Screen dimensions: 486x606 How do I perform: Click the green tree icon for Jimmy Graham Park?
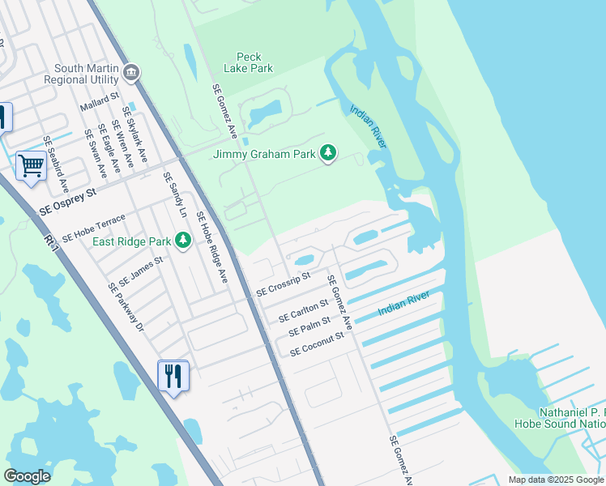point(328,153)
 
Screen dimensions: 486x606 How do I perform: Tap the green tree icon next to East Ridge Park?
point(183,241)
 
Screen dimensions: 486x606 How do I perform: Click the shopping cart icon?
point(31,166)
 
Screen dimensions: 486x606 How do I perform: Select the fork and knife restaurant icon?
point(173,376)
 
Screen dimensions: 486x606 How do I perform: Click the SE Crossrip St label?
point(284,283)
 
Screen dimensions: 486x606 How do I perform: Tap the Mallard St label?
point(100,102)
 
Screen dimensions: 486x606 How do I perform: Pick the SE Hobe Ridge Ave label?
point(211,247)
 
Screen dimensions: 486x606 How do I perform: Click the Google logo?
point(27,476)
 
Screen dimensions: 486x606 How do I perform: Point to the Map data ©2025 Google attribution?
point(556,480)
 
